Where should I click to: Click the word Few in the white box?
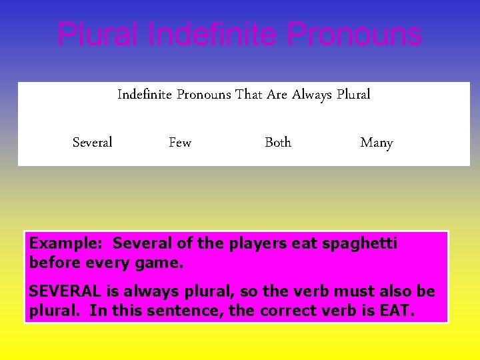180,142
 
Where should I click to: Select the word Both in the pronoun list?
278,142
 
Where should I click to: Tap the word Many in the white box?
377,143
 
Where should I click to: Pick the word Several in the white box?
92,142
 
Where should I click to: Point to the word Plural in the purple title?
99,35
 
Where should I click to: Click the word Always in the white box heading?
311,95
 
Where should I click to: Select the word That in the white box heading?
249,95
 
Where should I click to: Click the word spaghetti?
360,244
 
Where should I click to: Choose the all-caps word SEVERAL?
66,292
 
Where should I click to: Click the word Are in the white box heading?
277,95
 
